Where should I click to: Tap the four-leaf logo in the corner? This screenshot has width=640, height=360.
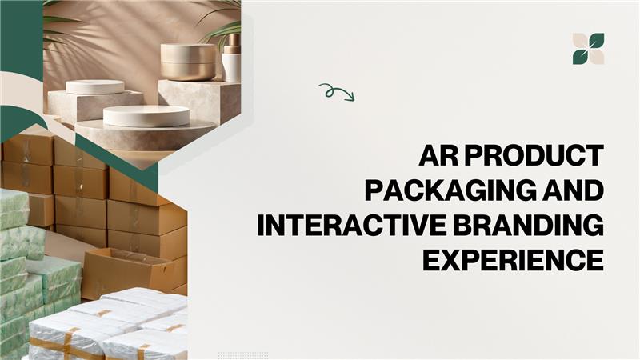(x=588, y=49)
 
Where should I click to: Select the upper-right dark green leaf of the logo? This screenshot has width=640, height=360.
(x=596, y=41)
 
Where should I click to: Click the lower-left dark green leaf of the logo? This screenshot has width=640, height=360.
(x=580, y=57)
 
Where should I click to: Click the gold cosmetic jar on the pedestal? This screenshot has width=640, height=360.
(x=188, y=61)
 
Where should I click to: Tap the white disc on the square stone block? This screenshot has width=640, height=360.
(x=95, y=86)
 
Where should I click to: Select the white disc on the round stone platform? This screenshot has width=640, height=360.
(x=146, y=116)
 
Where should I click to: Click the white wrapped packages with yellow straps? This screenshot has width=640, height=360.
(x=120, y=324)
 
